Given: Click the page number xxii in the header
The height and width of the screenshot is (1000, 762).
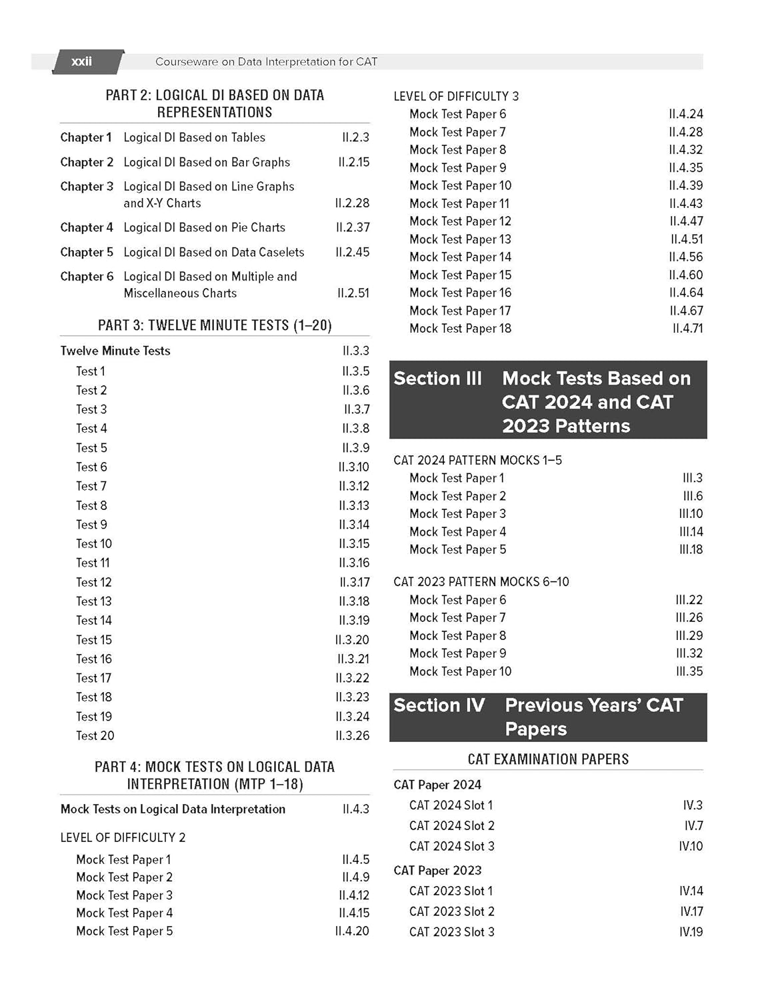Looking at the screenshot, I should pos(81,61).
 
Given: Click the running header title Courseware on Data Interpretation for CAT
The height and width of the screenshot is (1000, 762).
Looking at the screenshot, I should pos(266,61).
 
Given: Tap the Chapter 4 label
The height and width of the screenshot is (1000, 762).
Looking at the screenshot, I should pos(87,227).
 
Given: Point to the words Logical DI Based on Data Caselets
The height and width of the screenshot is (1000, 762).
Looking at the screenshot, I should pos(213,252).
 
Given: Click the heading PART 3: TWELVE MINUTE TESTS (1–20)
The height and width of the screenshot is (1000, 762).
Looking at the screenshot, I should pos(215,325).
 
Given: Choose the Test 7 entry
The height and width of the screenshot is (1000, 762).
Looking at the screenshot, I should pos(91,486).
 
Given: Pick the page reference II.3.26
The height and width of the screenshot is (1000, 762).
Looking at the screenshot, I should pos(352,735).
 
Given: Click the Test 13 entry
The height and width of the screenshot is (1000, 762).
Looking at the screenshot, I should pos(94,601).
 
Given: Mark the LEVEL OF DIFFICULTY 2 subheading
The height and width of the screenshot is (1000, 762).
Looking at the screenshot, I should pos(123,837).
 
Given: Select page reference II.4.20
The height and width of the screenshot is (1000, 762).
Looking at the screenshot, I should pos(352,931).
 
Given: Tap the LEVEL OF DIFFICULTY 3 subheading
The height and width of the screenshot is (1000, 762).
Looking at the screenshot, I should pos(456,96).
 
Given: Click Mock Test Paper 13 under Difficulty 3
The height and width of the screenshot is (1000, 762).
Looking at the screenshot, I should pos(460,239).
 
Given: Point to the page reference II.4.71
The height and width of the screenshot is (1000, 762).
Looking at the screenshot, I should pos(687,328).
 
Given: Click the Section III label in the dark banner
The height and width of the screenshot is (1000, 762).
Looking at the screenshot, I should pos(437,379).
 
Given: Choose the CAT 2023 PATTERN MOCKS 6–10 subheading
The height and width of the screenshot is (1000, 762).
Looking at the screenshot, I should pos(481,581).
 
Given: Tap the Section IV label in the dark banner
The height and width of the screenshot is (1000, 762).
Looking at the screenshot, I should pos(439,705).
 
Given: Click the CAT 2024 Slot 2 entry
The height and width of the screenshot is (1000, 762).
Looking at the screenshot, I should pos(451,825).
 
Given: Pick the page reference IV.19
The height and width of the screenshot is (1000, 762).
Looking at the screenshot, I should pos(691,932).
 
